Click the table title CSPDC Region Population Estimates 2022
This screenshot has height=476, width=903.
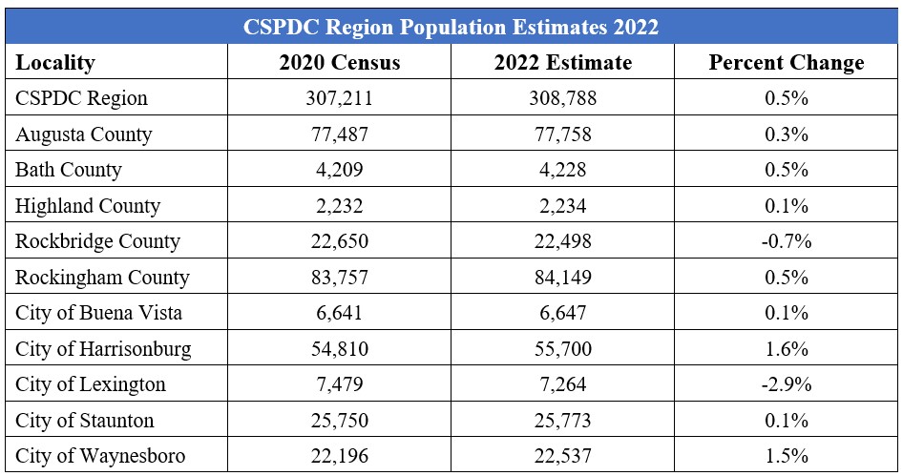point(451,27)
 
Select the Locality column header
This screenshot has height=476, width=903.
point(55,63)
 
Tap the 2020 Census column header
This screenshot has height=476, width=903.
point(340,63)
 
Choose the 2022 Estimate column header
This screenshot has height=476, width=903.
point(563,63)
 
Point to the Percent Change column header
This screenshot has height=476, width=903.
point(787,63)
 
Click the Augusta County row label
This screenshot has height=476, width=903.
point(83,135)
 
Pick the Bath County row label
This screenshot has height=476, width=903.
point(69,170)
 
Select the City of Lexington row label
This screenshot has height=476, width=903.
point(91,384)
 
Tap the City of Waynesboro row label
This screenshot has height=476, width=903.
point(100,456)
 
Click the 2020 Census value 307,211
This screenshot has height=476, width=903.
point(340,98)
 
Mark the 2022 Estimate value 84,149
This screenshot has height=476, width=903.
point(563,278)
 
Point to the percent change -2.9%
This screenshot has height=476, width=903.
point(787,384)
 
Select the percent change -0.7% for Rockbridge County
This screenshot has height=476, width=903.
point(787,241)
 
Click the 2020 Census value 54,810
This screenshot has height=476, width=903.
point(340,349)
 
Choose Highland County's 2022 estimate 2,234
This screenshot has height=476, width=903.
point(563,206)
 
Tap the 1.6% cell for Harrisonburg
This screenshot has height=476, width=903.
point(787,349)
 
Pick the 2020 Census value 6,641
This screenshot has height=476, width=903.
point(340,313)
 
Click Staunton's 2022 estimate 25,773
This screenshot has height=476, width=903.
point(563,421)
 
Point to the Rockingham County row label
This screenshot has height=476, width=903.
point(102,278)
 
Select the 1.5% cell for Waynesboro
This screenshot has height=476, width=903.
point(787,456)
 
